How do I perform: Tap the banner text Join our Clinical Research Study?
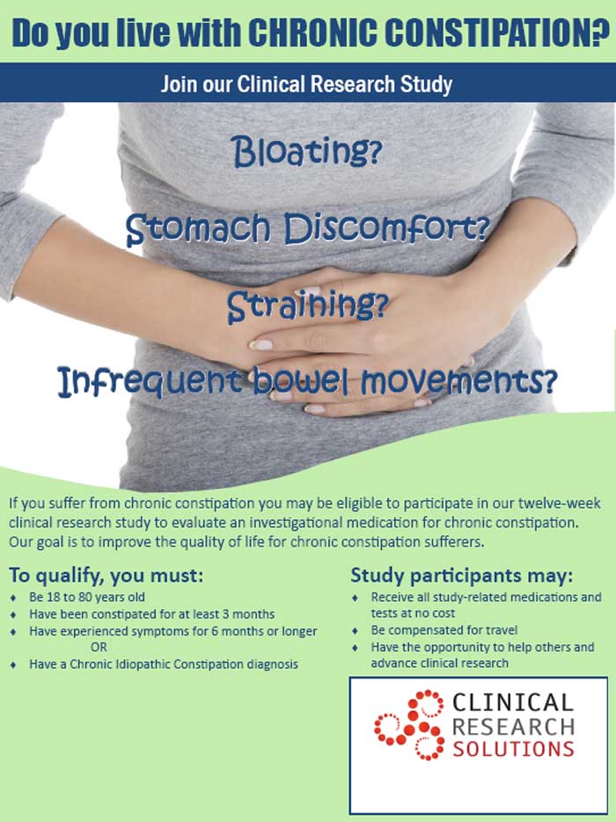pyautogui.click(x=306, y=84)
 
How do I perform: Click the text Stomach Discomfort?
pyautogui.click(x=306, y=229)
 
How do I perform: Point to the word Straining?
pyautogui.click(x=307, y=306)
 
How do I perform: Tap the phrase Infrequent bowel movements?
pyautogui.click(x=307, y=381)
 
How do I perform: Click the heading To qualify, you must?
pyautogui.click(x=106, y=576)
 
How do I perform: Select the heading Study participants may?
pyautogui.click(x=462, y=576)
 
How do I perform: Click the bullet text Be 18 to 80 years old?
pyautogui.click(x=87, y=597)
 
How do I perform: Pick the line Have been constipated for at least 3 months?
pyautogui.click(x=151, y=613)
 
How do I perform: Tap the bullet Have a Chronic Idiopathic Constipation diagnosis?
pyautogui.click(x=164, y=664)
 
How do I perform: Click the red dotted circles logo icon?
pyautogui.click(x=409, y=725)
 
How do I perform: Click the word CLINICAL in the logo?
pyautogui.click(x=512, y=702)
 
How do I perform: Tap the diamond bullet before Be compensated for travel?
pyautogui.click(x=355, y=630)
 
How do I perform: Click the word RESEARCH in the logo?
pyautogui.click(x=512, y=725)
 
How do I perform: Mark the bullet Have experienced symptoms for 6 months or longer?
pyautogui.click(x=172, y=631)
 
